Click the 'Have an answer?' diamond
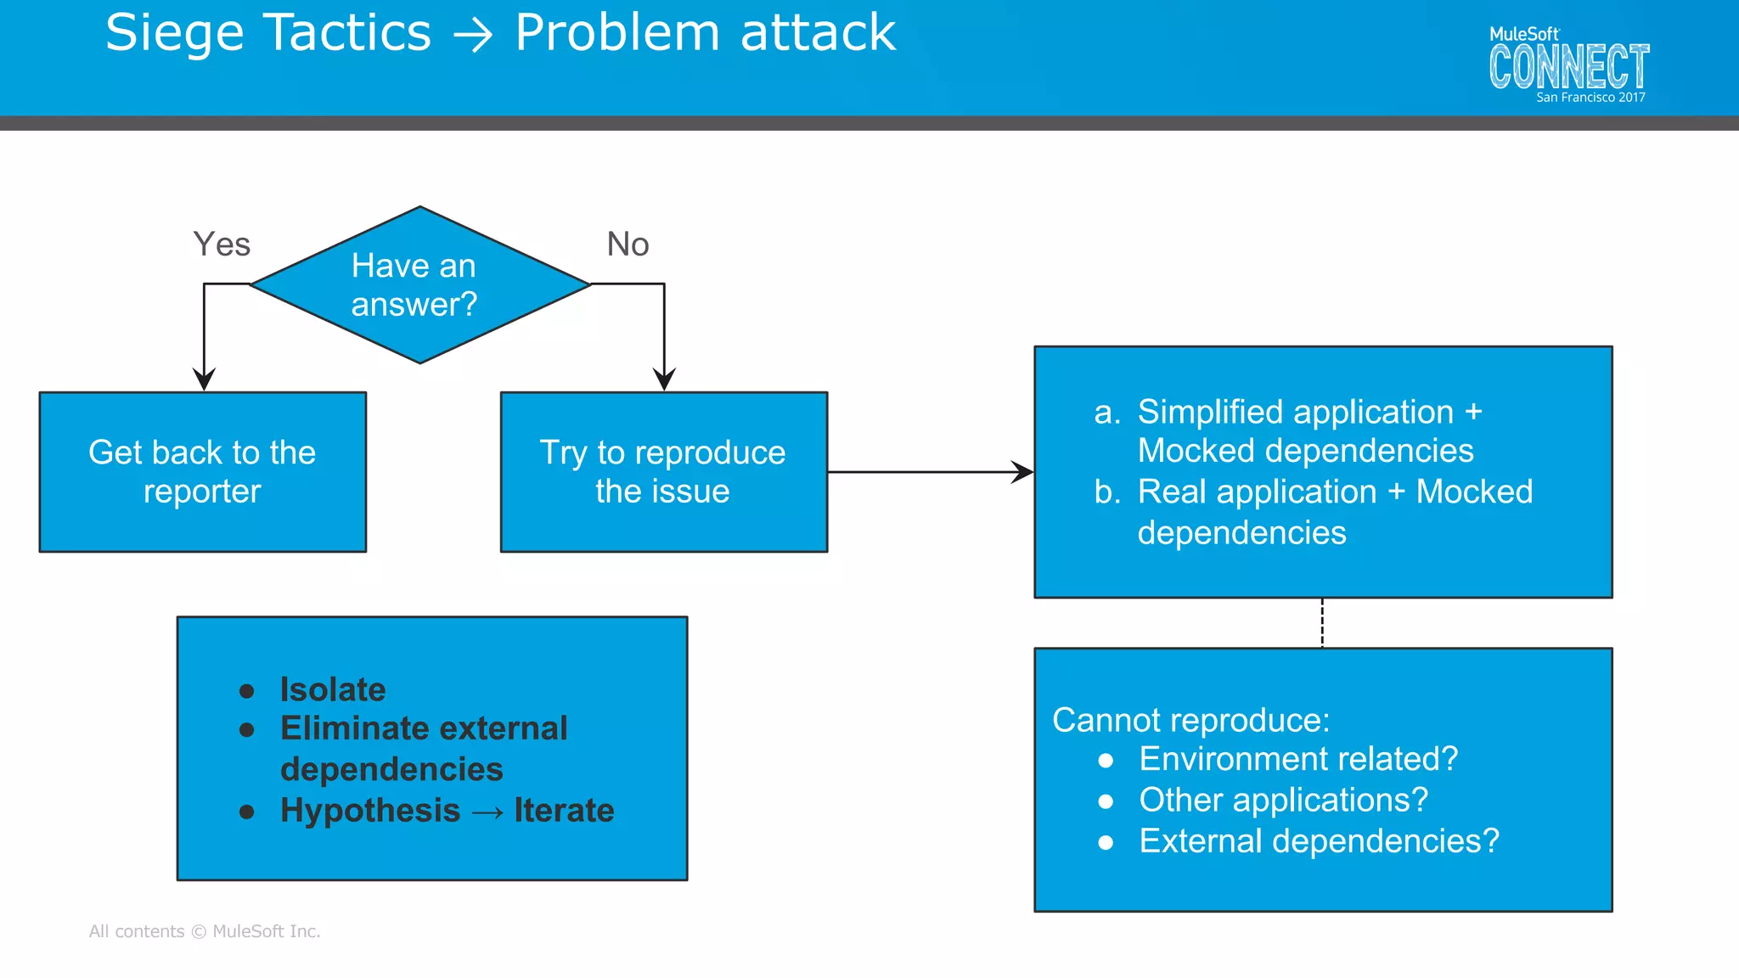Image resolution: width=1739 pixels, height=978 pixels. (x=419, y=285)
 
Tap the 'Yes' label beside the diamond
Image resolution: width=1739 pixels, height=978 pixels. (x=222, y=244)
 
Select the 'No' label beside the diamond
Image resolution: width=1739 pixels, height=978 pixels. (x=628, y=244)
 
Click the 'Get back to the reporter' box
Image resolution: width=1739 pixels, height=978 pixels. (x=202, y=472)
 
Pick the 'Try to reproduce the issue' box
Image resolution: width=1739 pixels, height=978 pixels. (x=663, y=472)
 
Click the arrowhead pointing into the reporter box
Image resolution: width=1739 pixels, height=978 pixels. (x=204, y=379)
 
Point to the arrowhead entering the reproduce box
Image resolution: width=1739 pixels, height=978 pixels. (x=664, y=379)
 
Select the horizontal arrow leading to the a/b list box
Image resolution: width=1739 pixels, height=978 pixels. (x=930, y=472)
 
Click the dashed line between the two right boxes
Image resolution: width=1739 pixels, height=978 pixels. (x=1322, y=622)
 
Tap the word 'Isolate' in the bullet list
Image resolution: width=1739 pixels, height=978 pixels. (x=333, y=689)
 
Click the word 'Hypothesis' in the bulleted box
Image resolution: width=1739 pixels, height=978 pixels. (x=370, y=810)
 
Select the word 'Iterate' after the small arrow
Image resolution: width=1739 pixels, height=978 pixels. (x=564, y=810)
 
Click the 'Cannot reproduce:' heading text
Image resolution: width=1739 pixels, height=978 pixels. (x=1190, y=720)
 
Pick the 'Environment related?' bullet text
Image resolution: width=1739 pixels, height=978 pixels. (x=1298, y=758)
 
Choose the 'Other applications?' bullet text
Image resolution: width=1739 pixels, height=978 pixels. (x=1283, y=800)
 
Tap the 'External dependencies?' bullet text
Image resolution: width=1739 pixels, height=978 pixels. (x=1319, y=840)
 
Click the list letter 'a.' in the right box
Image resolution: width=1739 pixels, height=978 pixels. (x=1107, y=412)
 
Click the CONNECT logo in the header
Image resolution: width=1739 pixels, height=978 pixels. (x=1568, y=67)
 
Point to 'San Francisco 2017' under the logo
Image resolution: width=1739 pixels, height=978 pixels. (x=1590, y=98)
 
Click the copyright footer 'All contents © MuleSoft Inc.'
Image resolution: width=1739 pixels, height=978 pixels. (x=205, y=931)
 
